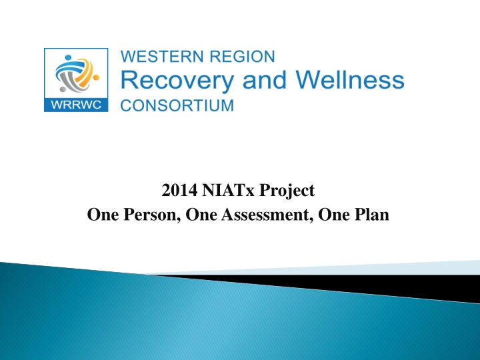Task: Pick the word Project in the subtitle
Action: tap(287, 191)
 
